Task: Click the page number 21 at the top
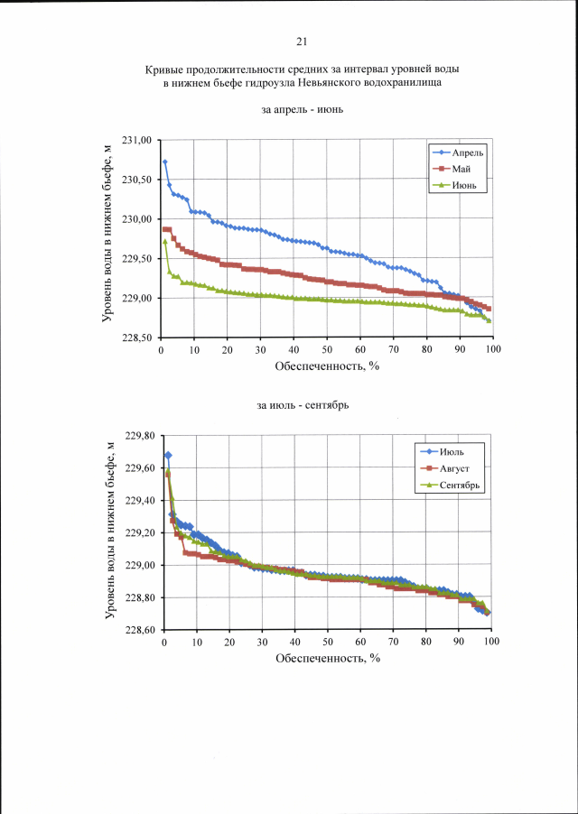click(x=302, y=41)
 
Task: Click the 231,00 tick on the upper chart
click(x=138, y=140)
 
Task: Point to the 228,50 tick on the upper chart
click(x=138, y=338)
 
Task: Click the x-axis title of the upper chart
click(x=327, y=367)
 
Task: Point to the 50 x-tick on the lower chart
click(x=328, y=642)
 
